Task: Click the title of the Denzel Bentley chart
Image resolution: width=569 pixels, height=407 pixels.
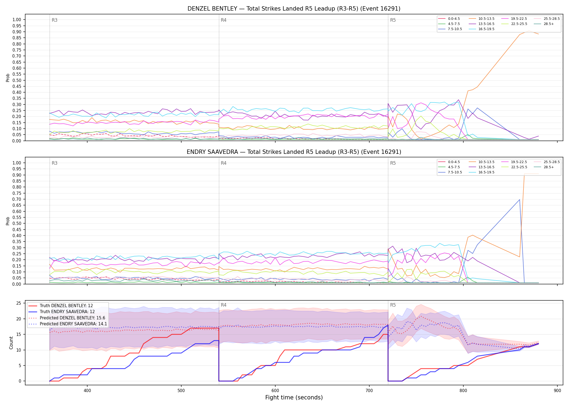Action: (x=294, y=9)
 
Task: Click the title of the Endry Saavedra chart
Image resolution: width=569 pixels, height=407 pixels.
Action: (x=294, y=152)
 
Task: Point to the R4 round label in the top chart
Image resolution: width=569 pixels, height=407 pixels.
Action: (x=224, y=20)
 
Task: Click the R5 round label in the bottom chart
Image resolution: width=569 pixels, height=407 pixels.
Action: (x=393, y=305)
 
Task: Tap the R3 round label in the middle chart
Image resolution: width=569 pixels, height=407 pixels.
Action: (x=54, y=163)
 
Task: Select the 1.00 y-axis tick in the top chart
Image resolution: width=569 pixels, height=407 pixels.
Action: (x=17, y=20)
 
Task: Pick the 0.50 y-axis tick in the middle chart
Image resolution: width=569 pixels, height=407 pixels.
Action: (x=17, y=224)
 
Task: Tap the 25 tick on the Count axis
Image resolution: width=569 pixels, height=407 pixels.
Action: (x=19, y=303)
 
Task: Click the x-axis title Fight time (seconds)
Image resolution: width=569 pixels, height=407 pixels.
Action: (x=294, y=398)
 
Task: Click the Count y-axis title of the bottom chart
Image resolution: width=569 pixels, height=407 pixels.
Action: (x=11, y=343)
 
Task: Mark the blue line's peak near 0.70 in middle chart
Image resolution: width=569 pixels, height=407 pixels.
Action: (x=519, y=200)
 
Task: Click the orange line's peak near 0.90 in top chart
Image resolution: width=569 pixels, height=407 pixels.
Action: (x=529, y=31)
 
